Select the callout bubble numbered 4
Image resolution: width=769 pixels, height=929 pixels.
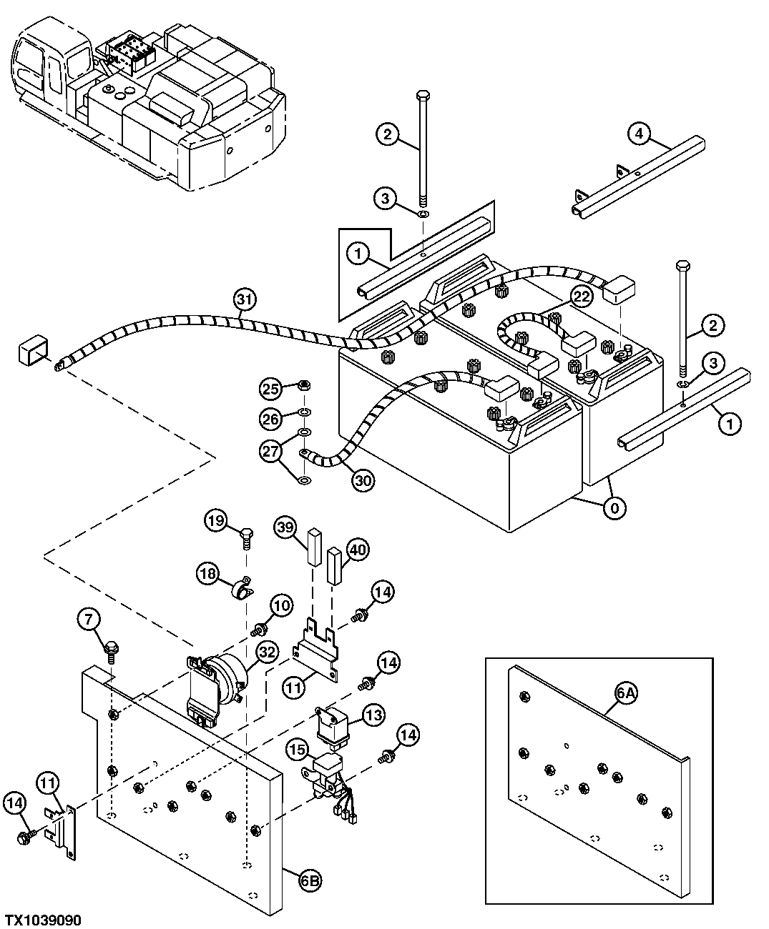click(639, 133)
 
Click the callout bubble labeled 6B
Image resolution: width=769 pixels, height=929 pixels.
click(310, 882)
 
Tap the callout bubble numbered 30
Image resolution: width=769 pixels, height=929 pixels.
click(362, 480)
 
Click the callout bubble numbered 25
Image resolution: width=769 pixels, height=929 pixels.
click(270, 389)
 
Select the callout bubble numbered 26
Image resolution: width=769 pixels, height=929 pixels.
click(270, 419)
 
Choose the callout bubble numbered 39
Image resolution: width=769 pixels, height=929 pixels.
click(286, 528)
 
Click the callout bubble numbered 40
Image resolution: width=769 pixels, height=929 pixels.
click(358, 549)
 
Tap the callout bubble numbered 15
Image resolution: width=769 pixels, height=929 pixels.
click(297, 749)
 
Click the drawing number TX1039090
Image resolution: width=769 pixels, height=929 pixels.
click(44, 919)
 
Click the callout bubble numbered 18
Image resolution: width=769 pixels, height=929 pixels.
click(208, 572)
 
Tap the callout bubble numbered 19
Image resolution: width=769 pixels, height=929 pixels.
click(217, 521)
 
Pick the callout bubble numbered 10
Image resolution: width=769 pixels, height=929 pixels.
click(282, 605)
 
